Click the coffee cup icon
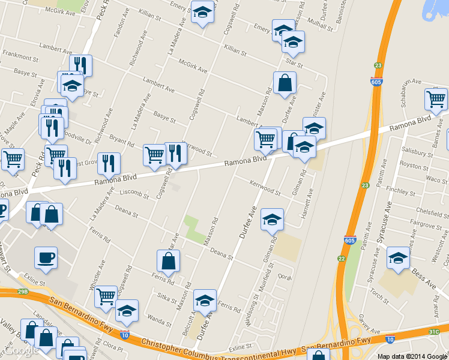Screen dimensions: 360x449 46,259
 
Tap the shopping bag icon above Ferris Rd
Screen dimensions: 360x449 168,261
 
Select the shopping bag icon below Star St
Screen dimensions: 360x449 285,83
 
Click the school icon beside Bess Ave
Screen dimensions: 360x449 398,258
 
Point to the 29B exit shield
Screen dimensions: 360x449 22,292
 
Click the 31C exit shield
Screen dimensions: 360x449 434,331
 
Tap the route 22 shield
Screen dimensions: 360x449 342,259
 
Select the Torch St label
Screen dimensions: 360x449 380,293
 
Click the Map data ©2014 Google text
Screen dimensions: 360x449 412,356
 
